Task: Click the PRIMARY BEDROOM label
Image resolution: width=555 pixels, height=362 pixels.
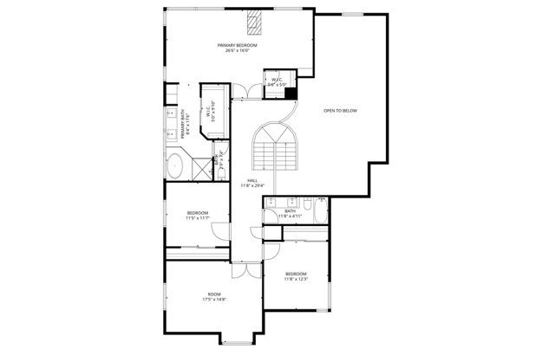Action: (x=238, y=44)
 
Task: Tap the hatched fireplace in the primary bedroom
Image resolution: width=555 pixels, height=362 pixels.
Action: (x=254, y=21)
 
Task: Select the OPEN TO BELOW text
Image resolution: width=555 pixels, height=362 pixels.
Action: (x=340, y=111)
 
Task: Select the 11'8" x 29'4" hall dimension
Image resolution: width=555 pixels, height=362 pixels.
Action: (x=251, y=185)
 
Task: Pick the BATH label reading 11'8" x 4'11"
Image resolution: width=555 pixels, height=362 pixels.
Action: (x=290, y=213)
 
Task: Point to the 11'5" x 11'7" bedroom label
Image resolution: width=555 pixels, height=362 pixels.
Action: (x=198, y=216)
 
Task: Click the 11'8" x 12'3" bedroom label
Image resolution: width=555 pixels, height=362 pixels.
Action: (x=296, y=276)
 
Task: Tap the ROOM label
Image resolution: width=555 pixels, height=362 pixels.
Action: (x=214, y=294)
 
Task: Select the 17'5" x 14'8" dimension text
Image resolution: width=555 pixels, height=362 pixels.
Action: (x=214, y=300)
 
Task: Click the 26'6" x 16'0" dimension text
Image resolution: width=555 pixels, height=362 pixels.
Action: (x=238, y=50)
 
